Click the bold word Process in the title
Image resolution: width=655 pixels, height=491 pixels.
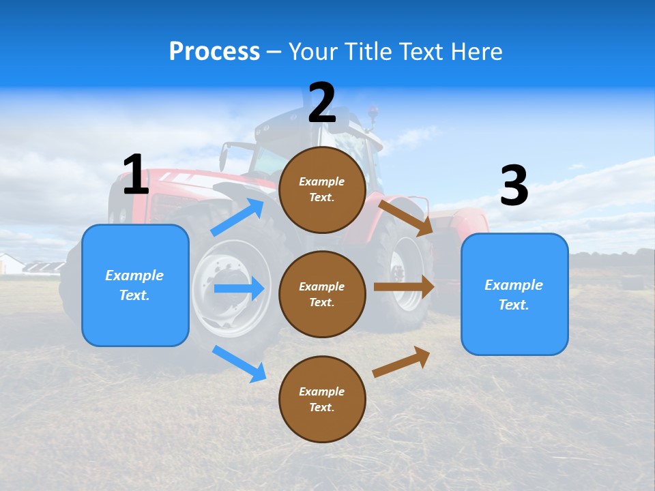tap(214, 52)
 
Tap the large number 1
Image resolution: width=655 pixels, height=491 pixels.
tap(136, 175)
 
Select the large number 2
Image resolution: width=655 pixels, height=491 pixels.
tap(322, 103)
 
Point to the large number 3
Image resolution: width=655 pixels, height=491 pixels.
tap(514, 185)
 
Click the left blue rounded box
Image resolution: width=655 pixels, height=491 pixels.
tap(135, 285)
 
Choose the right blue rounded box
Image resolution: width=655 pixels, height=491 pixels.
tap(514, 294)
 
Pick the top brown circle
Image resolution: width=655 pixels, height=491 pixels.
tap(322, 190)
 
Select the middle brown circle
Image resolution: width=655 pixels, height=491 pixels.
tap(322, 294)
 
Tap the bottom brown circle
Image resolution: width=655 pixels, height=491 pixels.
tap(322, 399)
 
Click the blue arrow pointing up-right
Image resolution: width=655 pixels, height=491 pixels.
tap(237, 218)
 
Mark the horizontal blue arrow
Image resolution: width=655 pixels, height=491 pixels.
tap(238, 288)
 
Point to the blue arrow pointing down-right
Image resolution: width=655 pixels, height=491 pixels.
tap(239, 363)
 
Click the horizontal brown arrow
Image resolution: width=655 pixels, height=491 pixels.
tap(403, 287)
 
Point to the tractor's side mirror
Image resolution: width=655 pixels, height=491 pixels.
tap(223, 158)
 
